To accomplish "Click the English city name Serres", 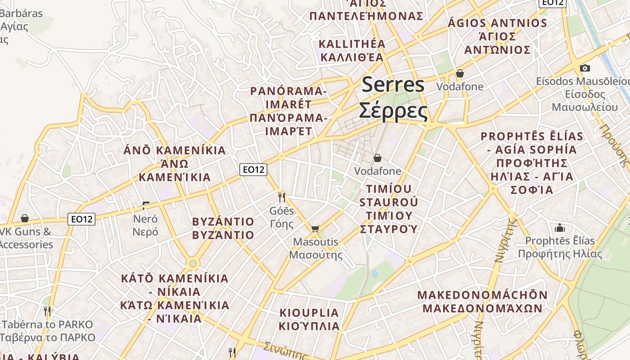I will (393, 85).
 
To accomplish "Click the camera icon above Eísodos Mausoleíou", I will (585, 68).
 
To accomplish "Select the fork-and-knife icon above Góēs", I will (282, 197).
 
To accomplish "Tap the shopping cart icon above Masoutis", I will (315, 229).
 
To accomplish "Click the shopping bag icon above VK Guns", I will (25, 218).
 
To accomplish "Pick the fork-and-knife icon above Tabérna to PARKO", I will (47, 310).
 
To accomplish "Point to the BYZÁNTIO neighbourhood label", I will (223, 222).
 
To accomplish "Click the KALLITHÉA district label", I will (352, 44).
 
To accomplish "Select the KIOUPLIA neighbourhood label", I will (309, 313).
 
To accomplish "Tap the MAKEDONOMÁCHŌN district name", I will (482, 296).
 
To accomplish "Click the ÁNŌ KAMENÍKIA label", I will (175, 150).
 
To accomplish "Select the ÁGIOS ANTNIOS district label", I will (497, 23).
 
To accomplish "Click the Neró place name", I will (145, 219).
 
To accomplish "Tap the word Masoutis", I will (315, 242).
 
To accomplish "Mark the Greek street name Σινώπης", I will (285, 350).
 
